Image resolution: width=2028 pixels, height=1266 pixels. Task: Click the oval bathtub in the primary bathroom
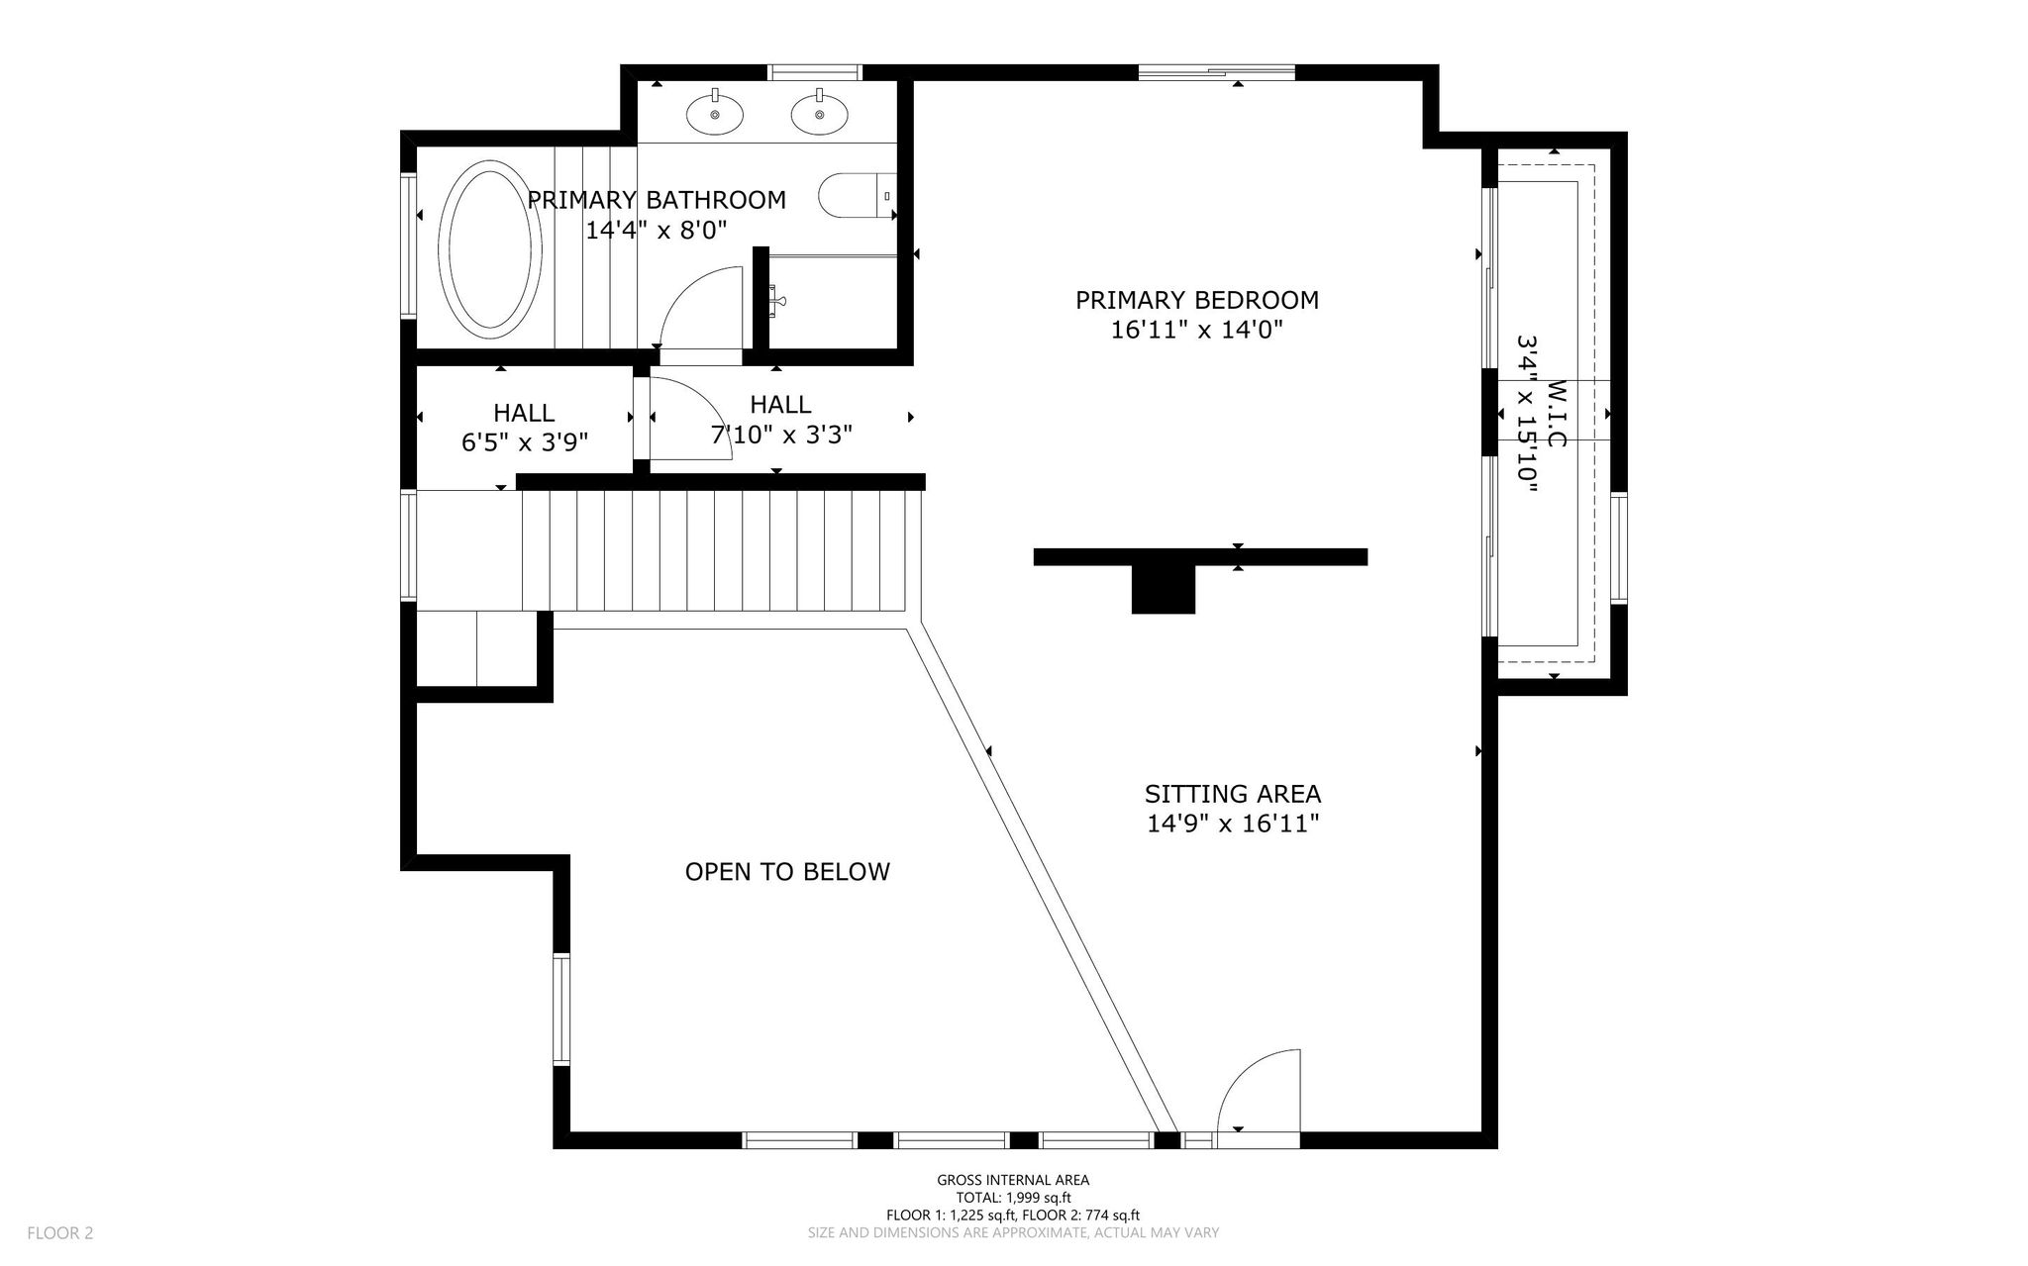click(490, 249)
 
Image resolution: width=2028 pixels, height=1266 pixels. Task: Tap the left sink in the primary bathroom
click(715, 113)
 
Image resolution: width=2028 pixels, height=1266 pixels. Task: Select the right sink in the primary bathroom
click(820, 113)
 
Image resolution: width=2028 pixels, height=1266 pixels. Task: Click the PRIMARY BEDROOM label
click(1197, 299)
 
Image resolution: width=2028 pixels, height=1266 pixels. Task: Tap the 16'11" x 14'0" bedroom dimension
click(1197, 330)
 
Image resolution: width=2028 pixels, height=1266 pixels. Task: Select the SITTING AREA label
click(1233, 794)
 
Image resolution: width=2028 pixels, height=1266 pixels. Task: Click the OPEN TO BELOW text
click(787, 871)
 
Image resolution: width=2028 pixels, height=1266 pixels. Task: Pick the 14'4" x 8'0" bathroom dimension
click(657, 231)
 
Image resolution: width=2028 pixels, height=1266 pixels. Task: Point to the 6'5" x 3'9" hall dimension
click(525, 442)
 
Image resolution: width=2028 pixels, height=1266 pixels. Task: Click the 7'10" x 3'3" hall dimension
click(781, 435)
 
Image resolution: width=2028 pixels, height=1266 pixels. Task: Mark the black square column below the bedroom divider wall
click(1164, 589)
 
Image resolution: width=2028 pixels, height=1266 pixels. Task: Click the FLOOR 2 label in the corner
click(60, 1233)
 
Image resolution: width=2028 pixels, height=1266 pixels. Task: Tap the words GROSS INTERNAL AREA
click(1013, 1180)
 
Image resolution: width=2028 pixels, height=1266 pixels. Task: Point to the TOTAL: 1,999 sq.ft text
click(1013, 1198)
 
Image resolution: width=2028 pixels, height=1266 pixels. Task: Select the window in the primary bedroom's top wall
click(1217, 72)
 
